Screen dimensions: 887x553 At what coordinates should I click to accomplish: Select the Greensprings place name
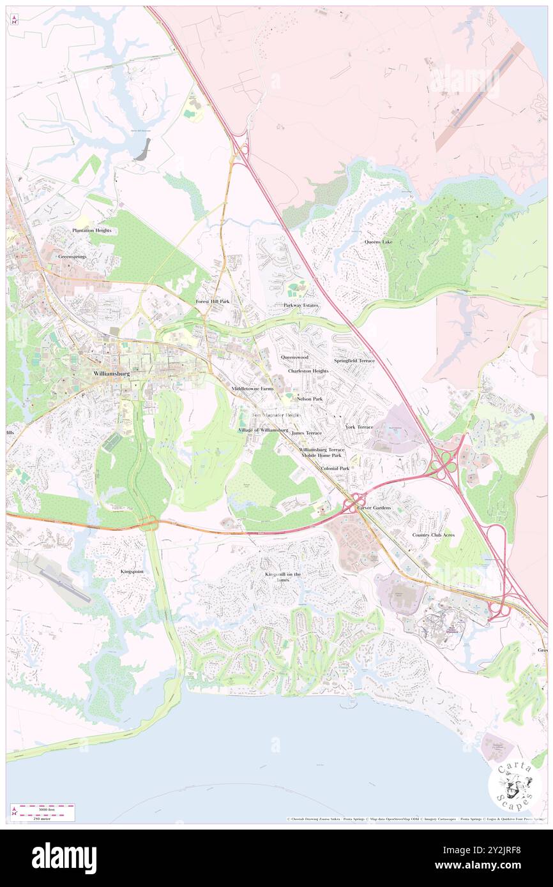pos(72,256)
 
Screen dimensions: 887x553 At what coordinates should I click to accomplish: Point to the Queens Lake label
pos(379,242)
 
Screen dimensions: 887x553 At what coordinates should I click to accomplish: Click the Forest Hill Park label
pos(212,301)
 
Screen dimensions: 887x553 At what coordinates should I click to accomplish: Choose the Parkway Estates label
pos(301,305)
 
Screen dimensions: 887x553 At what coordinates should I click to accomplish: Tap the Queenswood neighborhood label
pos(294,357)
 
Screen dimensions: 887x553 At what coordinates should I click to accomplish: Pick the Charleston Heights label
pos(308,371)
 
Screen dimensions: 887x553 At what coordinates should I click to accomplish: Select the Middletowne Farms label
pos(252,388)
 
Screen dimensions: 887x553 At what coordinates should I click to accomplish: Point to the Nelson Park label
pos(309,398)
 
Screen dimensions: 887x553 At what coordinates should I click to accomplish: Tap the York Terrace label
pos(359,426)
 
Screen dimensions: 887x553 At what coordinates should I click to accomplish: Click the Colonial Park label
pos(335,468)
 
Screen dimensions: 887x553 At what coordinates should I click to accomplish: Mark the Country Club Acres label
pos(433,535)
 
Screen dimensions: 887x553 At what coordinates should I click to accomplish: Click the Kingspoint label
pos(132,572)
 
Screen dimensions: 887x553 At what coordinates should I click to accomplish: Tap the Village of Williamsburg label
pos(262,430)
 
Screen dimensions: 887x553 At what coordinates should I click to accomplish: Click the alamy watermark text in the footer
pos(64,858)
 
